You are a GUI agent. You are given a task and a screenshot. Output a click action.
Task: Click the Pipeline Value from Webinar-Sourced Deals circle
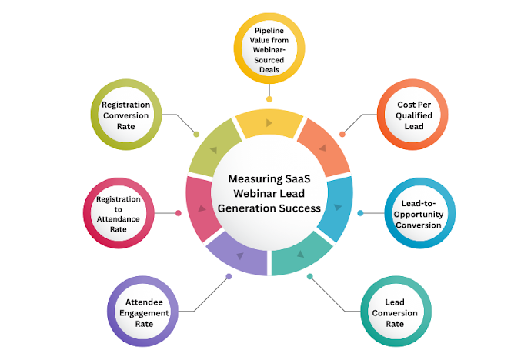(x=269, y=49)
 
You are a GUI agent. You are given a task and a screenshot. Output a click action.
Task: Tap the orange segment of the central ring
(x=321, y=147)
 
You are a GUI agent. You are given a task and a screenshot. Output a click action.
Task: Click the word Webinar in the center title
(x=245, y=193)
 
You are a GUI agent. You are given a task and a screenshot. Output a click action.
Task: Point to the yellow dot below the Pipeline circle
(x=269, y=98)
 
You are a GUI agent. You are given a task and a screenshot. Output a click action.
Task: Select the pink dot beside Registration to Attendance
(x=179, y=213)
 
